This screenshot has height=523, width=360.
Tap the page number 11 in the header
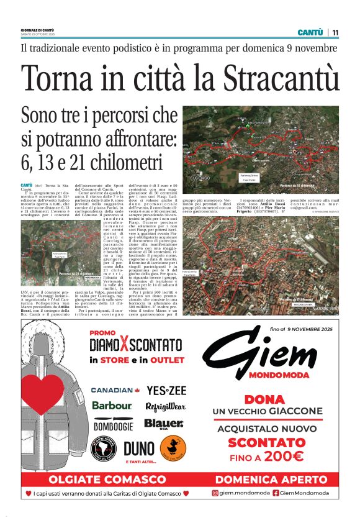pos(335,32)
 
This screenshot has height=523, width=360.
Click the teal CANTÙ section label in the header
pos(310,32)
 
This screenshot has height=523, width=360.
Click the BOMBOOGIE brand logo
pos(113,425)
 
